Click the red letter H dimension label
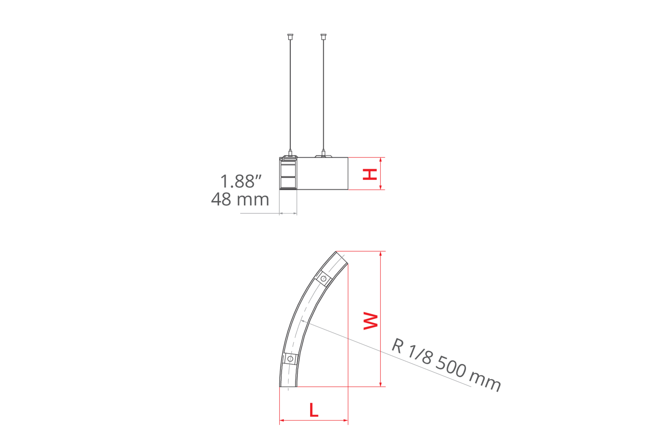click(x=370, y=175)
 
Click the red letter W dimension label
click(x=371, y=321)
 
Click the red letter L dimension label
click(x=314, y=410)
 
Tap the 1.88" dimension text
click(x=241, y=181)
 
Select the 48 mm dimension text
click(x=240, y=199)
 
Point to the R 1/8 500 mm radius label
click(x=446, y=365)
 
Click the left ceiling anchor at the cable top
click(x=290, y=36)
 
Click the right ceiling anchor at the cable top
click(x=323, y=36)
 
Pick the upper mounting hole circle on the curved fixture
click(x=323, y=279)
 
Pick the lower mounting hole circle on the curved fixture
click(x=290, y=359)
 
